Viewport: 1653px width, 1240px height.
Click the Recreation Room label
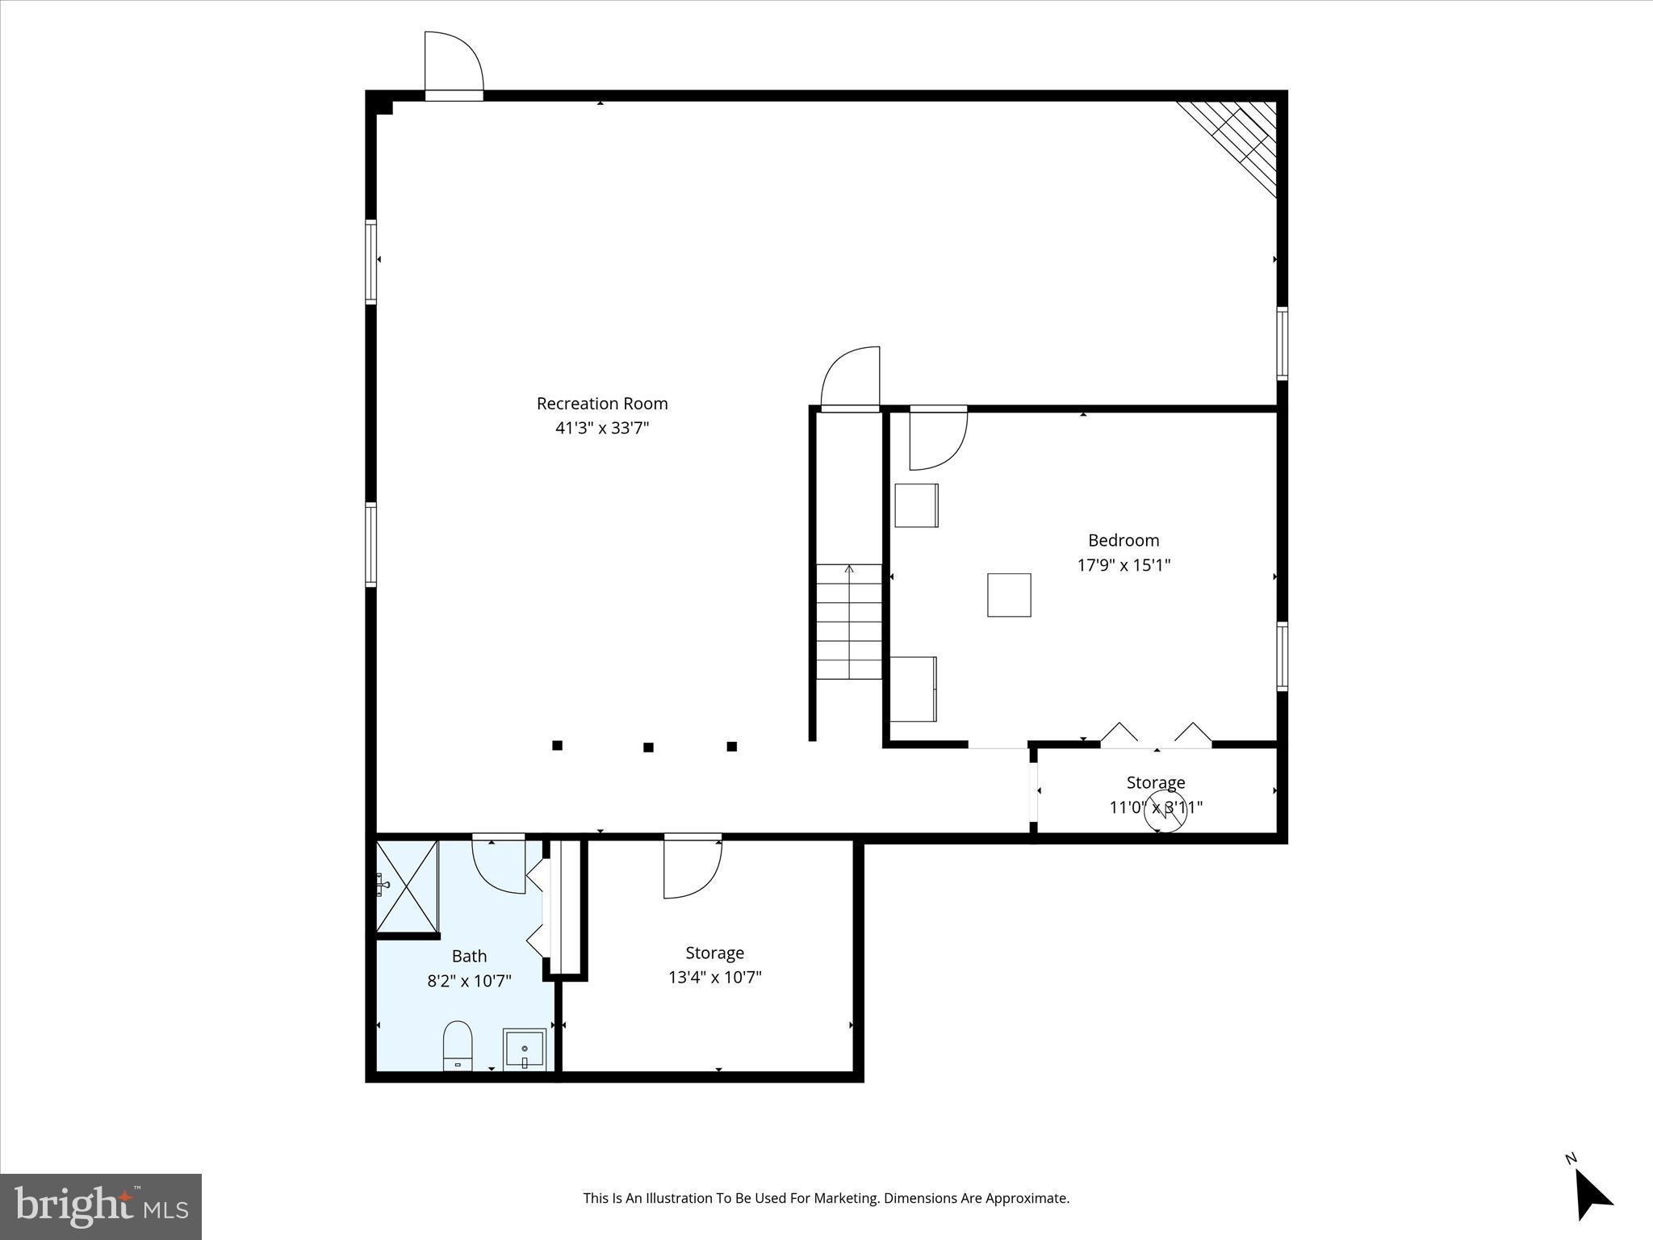pyautogui.click(x=602, y=404)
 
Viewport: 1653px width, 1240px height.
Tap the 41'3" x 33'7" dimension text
pyautogui.click(x=602, y=428)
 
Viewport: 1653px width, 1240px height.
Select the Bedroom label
pyautogui.click(x=1124, y=540)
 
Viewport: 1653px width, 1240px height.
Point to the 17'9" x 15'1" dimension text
pyautogui.click(x=1124, y=564)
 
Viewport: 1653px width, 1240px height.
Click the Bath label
pyautogui.click(x=469, y=956)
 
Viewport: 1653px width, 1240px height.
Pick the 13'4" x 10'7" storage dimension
pyautogui.click(x=714, y=978)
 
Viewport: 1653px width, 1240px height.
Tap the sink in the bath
pyautogui.click(x=525, y=1049)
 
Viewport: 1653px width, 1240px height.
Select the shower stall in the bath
pyautogui.click(x=408, y=886)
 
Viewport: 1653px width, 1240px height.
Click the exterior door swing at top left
pyautogui.click(x=453, y=63)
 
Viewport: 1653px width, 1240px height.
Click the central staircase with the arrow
pyautogui.click(x=848, y=622)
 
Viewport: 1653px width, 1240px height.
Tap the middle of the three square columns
pyautogui.click(x=648, y=747)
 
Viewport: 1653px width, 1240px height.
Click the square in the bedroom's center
pyautogui.click(x=1009, y=595)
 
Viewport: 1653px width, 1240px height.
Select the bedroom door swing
pyautogui.click(x=936, y=440)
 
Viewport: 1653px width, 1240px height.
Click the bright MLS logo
pyautogui.click(x=101, y=1206)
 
